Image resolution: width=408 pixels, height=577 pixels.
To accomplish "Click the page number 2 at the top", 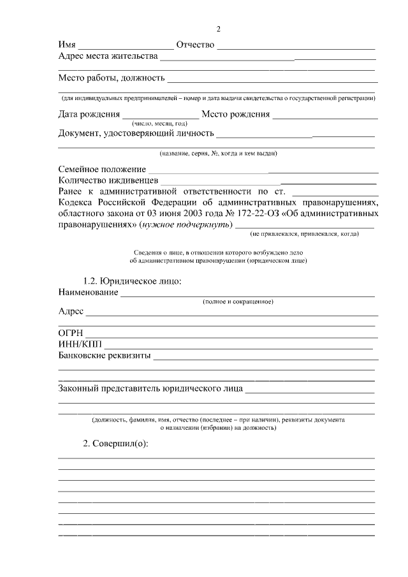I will (x=218, y=29).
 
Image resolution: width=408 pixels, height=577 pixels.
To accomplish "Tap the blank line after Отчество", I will (x=296, y=48).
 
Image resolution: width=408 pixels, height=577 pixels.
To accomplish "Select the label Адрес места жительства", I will (x=108, y=57).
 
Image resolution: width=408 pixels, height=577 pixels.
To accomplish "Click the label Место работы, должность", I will (x=112, y=78).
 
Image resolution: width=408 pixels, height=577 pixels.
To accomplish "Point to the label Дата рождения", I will (x=89, y=115).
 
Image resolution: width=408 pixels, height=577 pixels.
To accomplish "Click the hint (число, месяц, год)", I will (x=159, y=124).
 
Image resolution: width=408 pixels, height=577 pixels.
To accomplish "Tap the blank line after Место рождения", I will (x=324, y=119).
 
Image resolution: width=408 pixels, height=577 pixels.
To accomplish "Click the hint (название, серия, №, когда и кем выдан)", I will (x=218, y=154).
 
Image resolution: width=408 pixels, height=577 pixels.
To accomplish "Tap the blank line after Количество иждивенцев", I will (x=269, y=184).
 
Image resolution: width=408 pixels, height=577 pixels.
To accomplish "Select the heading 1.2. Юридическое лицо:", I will (x=133, y=281).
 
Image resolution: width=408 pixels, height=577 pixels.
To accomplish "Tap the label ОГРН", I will (x=71, y=333).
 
